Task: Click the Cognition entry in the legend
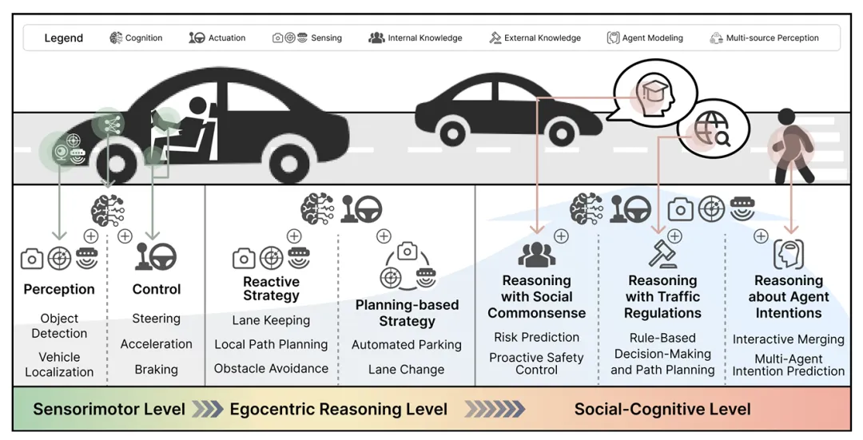click(x=136, y=38)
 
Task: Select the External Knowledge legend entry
click(x=535, y=38)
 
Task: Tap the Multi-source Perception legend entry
click(x=764, y=38)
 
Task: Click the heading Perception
click(x=59, y=289)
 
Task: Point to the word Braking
click(x=157, y=370)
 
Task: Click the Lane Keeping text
click(x=271, y=321)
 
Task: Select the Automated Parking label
click(x=407, y=345)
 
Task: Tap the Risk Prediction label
click(x=537, y=337)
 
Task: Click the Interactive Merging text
click(x=788, y=339)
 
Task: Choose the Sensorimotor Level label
click(x=109, y=409)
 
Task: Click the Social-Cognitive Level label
click(x=662, y=409)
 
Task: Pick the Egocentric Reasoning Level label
click(x=339, y=409)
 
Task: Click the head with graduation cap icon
click(x=655, y=93)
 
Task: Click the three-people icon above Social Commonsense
click(x=537, y=254)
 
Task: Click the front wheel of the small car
click(x=562, y=133)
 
